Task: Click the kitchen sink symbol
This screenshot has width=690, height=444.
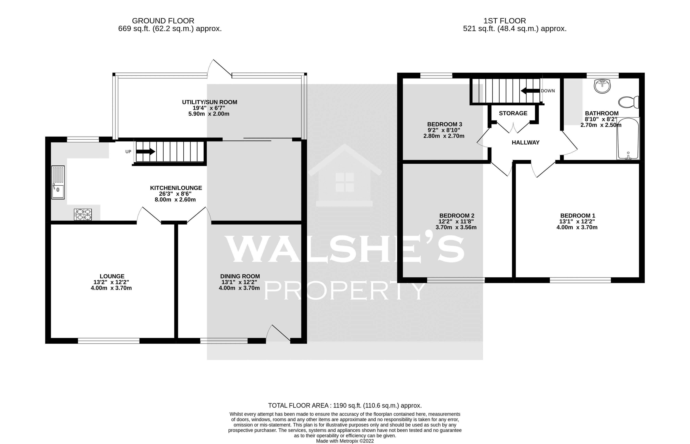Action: click(x=58, y=182)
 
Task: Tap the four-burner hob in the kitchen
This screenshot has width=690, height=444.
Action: click(x=83, y=215)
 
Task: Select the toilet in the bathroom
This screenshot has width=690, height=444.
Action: click(x=628, y=102)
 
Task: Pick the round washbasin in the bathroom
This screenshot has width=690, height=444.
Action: click(x=602, y=86)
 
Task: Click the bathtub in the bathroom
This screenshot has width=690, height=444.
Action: click(x=628, y=139)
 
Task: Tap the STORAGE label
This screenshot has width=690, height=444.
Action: click(x=513, y=113)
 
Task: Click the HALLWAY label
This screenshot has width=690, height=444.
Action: click(x=525, y=142)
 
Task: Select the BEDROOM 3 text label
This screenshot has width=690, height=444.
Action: click(x=444, y=124)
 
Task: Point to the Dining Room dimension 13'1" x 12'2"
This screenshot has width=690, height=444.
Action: click(x=239, y=282)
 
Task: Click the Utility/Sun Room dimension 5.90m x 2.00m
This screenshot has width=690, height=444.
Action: click(x=209, y=114)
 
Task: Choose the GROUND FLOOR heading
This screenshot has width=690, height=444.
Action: click(x=163, y=21)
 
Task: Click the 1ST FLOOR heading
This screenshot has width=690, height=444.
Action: click(x=504, y=21)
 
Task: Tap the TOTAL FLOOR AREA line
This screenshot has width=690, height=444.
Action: click(x=345, y=405)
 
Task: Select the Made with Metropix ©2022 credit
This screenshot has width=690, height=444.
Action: click(x=345, y=441)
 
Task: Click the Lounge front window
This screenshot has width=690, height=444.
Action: click(x=109, y=341)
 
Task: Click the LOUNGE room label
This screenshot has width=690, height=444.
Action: click(x=112, y=276)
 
